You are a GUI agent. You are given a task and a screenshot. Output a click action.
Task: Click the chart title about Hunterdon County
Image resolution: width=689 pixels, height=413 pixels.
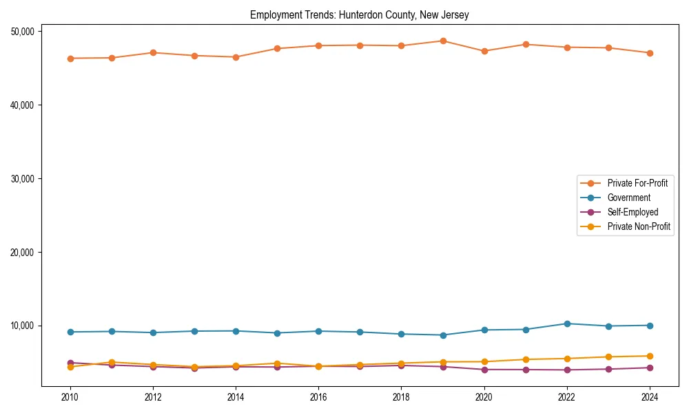point(359,15)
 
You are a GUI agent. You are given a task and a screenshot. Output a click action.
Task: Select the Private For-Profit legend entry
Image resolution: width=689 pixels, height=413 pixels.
point(637,183)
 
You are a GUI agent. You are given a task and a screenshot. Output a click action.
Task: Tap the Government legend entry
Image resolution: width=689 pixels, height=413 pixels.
point(628,198)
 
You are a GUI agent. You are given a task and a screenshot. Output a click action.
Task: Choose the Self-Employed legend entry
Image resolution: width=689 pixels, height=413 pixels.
point(633,212)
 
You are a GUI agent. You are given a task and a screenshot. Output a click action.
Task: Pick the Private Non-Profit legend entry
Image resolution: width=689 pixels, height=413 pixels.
point(639,226)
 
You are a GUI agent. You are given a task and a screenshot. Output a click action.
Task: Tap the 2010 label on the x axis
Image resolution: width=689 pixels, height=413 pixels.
point(70,397)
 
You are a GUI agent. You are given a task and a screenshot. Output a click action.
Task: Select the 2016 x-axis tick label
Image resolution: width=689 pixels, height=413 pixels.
point(318,397)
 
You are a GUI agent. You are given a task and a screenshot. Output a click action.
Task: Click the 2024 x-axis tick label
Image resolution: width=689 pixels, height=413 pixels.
point(650,397)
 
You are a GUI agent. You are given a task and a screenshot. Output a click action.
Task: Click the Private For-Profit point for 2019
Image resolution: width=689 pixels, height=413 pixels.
point(443,41)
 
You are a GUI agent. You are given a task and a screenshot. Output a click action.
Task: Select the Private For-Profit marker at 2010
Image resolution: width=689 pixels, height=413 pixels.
point(70,59)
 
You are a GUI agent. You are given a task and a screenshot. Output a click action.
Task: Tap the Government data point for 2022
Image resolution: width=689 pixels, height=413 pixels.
point(567,324)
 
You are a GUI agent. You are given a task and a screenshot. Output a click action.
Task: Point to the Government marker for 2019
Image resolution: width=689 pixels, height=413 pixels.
point(443,335)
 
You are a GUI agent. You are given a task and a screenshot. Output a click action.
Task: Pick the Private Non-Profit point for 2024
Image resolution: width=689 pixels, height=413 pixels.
point(650,356)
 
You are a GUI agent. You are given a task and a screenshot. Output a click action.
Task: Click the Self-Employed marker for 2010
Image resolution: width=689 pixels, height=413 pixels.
point(70,363)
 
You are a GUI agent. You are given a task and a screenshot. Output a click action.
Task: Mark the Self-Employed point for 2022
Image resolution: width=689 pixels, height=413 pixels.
point(567,370)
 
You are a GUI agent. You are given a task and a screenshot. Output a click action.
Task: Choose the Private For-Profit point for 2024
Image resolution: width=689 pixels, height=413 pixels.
point(650,53)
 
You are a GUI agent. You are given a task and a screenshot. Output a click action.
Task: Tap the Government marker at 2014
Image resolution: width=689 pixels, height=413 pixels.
point(236,331)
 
